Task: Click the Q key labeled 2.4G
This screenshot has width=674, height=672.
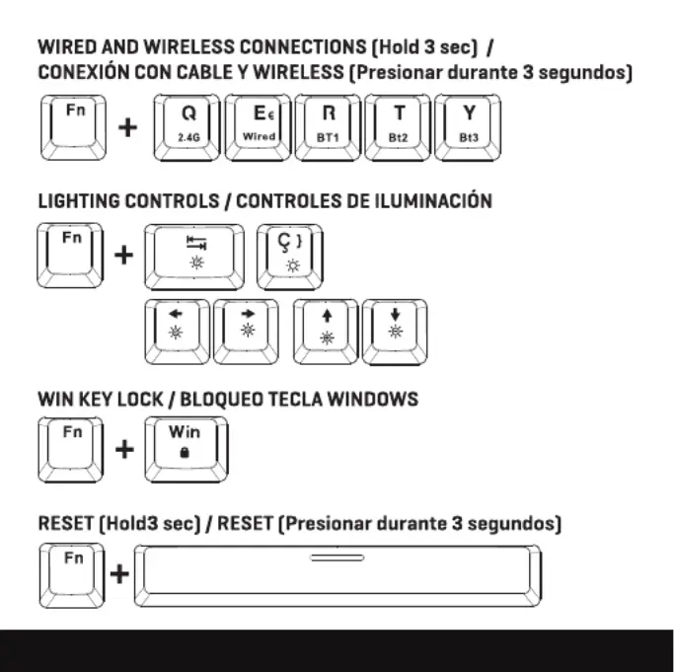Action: pos(187,127)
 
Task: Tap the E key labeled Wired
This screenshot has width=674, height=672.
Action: pos(258,127)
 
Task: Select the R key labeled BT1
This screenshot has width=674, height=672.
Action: pos(328,127)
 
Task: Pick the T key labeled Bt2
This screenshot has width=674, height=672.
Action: pos(398,127)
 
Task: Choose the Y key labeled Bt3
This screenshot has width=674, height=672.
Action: pos(468,127)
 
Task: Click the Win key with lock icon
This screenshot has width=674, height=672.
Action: pos(187,449)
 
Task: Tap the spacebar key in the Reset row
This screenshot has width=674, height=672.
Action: pos(337,575)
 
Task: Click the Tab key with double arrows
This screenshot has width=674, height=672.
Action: pos(194,257)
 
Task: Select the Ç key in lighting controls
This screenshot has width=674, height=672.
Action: pos(290,257)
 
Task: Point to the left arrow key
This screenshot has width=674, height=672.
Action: pos(177,332)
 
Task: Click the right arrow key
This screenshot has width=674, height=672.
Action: pos(246,332)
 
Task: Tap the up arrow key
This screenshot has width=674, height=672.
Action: pos(326,332)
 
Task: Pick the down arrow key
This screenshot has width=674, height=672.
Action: pos(395,332)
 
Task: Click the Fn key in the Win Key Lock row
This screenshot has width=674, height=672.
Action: pos(71,449)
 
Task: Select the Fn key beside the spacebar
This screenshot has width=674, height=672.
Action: pos(72,575)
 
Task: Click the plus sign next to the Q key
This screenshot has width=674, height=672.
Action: pos(127,127)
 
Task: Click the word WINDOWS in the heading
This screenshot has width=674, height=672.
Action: pos(373,399)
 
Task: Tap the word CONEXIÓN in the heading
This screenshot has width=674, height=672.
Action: pos(84,72)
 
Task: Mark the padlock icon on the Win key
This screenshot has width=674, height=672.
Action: pos(185,452)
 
